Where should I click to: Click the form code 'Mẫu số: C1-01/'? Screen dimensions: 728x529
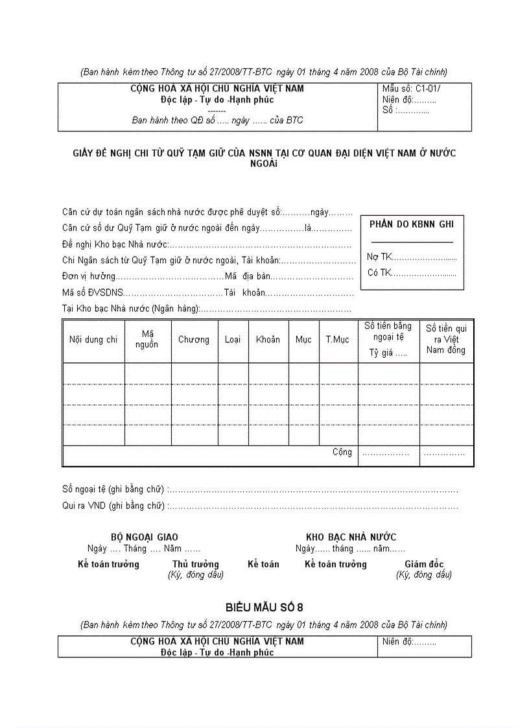point(412,89)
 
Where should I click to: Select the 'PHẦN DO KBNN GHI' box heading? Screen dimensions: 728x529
point(411,224)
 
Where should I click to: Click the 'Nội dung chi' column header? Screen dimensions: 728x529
point(93,340)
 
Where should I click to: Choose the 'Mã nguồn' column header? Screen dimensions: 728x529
point(147,339)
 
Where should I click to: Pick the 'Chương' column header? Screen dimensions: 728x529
point(194,340)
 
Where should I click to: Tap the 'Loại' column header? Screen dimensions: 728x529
point(232,340)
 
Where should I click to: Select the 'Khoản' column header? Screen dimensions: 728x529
point(268,340)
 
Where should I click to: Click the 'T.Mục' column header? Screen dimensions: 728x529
point(337,340)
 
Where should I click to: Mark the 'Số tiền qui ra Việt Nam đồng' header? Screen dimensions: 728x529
point(446,339)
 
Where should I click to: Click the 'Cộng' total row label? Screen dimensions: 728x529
point(342,452)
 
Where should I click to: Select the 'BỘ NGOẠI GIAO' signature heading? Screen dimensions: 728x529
point(144,537)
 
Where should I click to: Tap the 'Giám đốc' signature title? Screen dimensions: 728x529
point(424,565)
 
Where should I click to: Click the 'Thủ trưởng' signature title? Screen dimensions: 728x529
point(195,565)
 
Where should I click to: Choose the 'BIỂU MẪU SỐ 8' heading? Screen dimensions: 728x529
point(264,607)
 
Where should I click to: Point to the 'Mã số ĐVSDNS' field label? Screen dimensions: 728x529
point(92,293)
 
